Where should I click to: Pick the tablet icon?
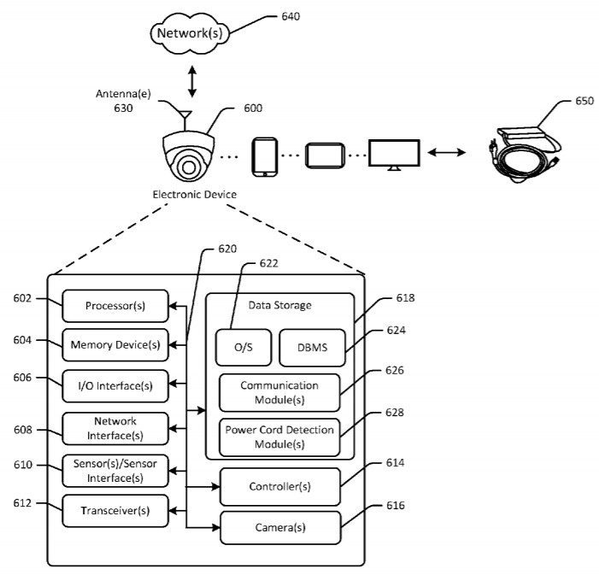click(325, 155)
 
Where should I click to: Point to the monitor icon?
click(394, 154)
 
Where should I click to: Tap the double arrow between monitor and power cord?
click(446, 153)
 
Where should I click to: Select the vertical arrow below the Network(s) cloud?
click(193, 79)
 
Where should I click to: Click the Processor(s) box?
click(115, 306)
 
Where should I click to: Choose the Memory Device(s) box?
click(115, 344)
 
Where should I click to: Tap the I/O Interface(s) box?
click(115, 385)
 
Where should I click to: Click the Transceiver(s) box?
click(115, 510)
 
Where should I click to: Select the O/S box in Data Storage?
click(243, 347)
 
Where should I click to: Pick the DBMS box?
click(312, 347)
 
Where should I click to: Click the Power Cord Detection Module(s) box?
click(279, 437)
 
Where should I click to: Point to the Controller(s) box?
click(279, 486)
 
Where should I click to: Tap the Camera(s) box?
click(279, 528)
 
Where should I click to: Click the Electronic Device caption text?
click(194, 195)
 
